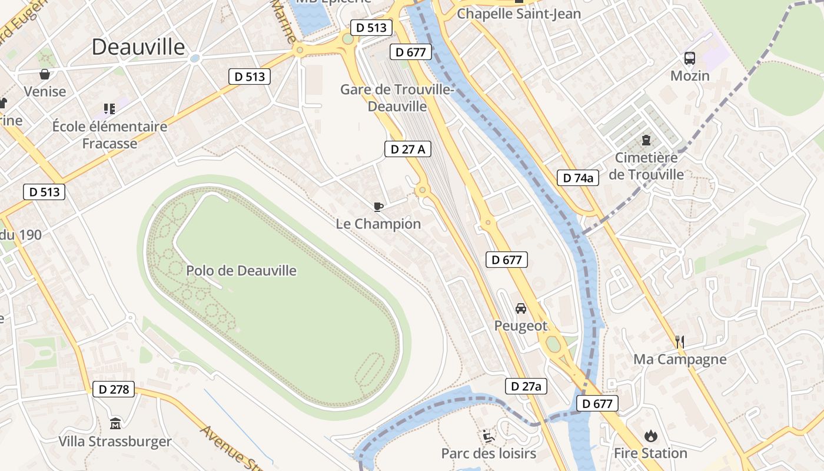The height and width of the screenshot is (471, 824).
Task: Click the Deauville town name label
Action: (x=138, y=47)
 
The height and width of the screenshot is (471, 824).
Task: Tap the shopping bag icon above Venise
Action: (x=45, y=74)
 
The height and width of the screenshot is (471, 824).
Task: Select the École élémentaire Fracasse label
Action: (x=109, y=135)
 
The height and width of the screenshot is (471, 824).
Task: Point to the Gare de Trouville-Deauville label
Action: (x=397, y=98)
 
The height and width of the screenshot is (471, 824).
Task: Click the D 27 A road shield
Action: (x=408, y=150)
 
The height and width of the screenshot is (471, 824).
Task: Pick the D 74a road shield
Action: (x=578, y=178)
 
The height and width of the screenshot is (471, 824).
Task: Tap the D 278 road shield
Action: (x=114, y=389)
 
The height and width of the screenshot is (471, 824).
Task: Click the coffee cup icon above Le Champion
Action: (x=378, y=207)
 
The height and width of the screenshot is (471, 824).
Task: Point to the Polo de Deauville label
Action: (x=241, y=271)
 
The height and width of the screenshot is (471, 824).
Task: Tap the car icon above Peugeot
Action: (x=521, y=309)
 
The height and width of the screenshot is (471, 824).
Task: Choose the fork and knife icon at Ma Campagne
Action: (x=680, y=341)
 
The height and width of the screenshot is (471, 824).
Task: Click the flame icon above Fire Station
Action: (x=650, y=436)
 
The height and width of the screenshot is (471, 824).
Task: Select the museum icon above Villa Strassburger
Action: (x=115, y=423)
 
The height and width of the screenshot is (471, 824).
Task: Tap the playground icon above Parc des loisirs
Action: (x=489, y=436)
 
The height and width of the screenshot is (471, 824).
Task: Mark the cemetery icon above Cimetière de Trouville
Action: (x=646, y=140)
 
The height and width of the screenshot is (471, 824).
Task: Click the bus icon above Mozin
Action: (x=690, y=58)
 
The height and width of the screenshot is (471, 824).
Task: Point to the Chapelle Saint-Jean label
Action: (x=519, y=14)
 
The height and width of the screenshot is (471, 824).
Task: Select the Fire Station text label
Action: (x=650, y=453)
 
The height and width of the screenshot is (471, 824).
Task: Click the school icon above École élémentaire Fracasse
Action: (x=109, y=108)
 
